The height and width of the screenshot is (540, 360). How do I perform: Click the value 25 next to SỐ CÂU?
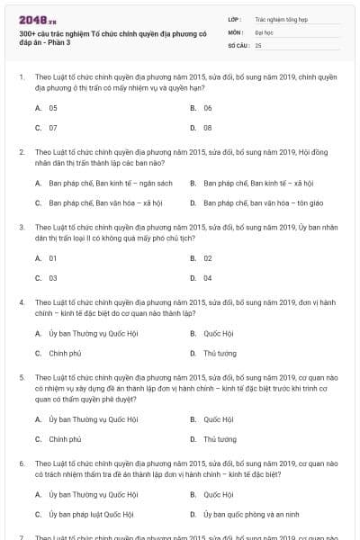pyautogui.click(x=258, y=44)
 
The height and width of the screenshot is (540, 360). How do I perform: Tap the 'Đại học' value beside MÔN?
pyautogui.click(x=265, y=31)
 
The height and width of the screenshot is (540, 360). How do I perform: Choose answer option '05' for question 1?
pyautogui.click(x=53, y=107)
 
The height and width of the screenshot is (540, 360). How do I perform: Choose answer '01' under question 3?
pyautogui.click(x=53, y=257)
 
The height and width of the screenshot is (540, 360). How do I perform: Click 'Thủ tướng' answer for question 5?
pyautogui.click(x=220, y=439)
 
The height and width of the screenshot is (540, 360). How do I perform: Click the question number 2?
pyautogui.click(x=21, y=153)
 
